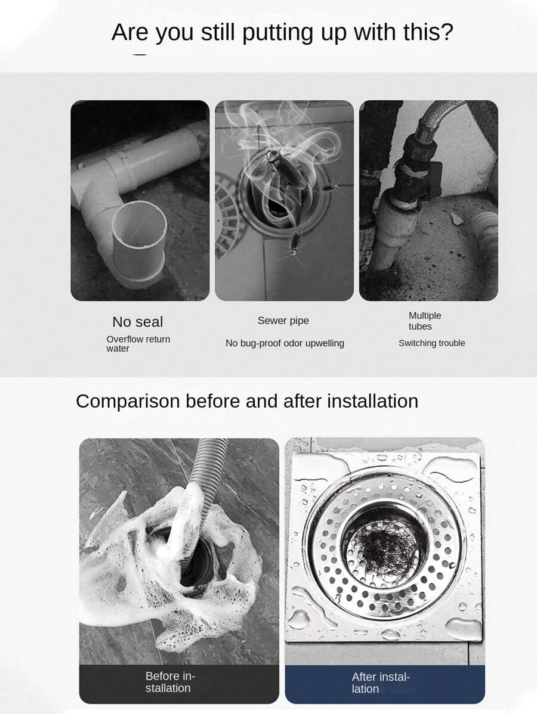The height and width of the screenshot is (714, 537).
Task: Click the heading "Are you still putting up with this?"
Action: (x=282, y=32)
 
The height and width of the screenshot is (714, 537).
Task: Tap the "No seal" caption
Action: (x=137, y=322)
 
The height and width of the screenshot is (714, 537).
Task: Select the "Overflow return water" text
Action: (x=138, y=344)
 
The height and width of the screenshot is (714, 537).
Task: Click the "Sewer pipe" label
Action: (x=283, y=321)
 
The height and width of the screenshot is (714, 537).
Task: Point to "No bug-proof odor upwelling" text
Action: (x=285, y=343)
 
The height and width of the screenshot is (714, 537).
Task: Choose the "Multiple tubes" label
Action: (x=424, y=321)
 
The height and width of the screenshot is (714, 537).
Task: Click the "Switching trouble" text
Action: (x=432, y=343)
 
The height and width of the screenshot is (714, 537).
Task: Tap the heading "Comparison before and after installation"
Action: (x=247, y=401)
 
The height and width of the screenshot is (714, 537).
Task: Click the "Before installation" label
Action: (x=170, y=682)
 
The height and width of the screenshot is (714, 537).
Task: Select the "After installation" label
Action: (x=381, y=683)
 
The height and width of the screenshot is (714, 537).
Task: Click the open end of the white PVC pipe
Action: (x=139, y=226)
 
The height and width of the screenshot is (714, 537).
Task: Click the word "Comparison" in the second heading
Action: (x=128, y=402)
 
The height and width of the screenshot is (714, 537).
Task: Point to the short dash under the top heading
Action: (x=139, y=55)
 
